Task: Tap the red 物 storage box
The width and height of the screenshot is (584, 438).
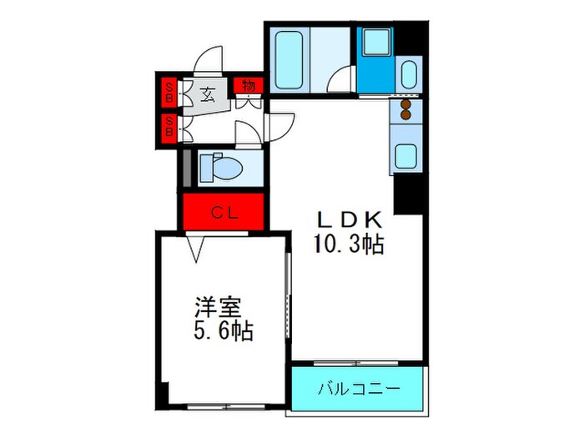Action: [x=248, y=85]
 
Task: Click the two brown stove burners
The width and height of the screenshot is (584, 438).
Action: [x=407, y=111]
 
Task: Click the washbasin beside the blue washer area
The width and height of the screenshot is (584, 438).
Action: [x=409, y=73]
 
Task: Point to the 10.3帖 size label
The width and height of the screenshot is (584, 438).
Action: [x=349, y=244]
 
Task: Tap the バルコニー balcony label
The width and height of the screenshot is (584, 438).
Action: [x=357, y=390]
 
